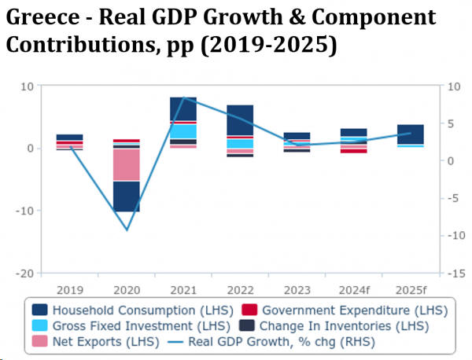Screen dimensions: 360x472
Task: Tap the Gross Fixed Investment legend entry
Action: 133,325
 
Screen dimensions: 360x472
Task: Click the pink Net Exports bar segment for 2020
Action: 126,165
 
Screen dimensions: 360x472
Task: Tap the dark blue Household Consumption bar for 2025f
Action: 410,134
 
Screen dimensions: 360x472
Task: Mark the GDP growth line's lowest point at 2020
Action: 126,230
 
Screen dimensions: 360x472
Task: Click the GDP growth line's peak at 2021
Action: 183,97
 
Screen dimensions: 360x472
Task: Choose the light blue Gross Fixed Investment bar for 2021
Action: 183,131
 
